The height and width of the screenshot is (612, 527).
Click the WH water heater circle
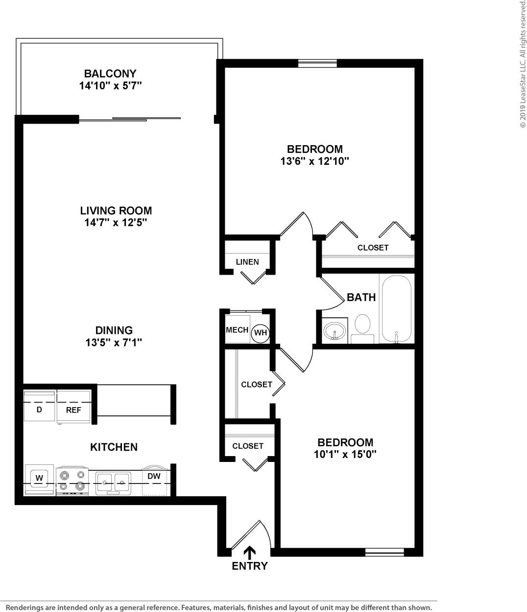261,333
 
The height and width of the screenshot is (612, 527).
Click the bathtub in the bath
397,309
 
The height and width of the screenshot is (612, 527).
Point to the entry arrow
249,552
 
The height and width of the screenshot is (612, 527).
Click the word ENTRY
249,566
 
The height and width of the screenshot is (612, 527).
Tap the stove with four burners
72,481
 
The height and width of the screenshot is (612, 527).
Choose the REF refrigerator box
73,407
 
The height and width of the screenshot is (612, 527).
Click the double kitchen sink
113,483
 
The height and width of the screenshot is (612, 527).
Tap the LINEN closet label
247,262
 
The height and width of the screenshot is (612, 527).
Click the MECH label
237,331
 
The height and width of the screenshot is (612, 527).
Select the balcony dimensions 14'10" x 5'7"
110,86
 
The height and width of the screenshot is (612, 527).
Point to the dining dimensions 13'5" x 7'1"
114,343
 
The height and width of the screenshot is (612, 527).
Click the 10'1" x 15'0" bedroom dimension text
345,455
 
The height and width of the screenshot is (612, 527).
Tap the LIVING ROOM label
116,211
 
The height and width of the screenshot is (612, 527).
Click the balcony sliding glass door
130,119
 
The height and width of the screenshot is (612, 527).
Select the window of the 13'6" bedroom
317,63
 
